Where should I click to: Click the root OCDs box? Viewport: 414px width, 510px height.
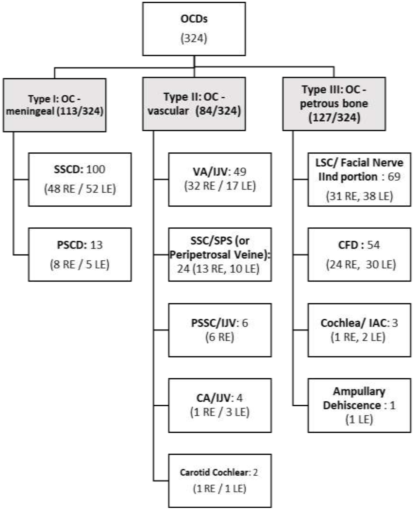pyautogui.click(x=194, y=29)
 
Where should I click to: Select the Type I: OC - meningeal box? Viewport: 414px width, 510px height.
pyautogui.click(x=55, y=105)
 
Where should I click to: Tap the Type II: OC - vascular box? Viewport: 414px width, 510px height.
pyautogui.click(x=194, y=104)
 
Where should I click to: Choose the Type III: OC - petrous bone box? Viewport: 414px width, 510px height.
pyautogui.click(x=334, y=104)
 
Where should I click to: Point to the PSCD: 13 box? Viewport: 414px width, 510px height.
pyautogui.click(x=80, y=254)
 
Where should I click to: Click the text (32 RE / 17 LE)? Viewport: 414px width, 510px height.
pyautogui.click(x=220, y=186)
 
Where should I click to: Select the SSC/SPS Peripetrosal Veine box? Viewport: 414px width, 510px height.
pyautogui.click(x=220, y=254)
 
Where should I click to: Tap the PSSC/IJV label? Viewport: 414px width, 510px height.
pyautogui.click(x=213, y=323)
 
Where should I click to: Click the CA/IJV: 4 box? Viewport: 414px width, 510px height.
pyautogui.click(x=220, y=405)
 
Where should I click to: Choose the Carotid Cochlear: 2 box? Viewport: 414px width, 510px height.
pyautogui.click(x=220, y=480)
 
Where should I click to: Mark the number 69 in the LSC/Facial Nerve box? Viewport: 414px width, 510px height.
pyautogui.click(x=394, y=176)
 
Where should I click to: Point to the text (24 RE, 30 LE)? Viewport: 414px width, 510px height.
pyautogui.click(x=361, y=265)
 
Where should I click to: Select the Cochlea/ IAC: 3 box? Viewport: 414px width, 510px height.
pyautogui.click(x=359, y=330)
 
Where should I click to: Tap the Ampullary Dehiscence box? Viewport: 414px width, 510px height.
pyautogui.click(x=359, y=405)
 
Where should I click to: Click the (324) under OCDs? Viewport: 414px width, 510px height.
pyautogui.click(x=194, y=39)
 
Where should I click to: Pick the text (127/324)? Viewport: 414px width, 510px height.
pyautogui.click(x=334, y=118)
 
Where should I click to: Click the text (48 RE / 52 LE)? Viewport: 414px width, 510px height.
pyautogui.click(x=80, y=189)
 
